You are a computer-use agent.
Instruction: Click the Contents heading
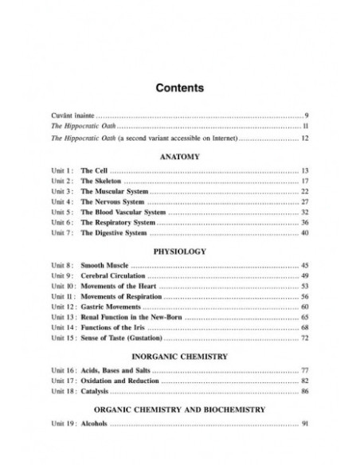coord(179,87)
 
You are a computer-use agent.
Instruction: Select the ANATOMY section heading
coord(179,157)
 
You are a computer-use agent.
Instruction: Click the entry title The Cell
coord(93,171)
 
